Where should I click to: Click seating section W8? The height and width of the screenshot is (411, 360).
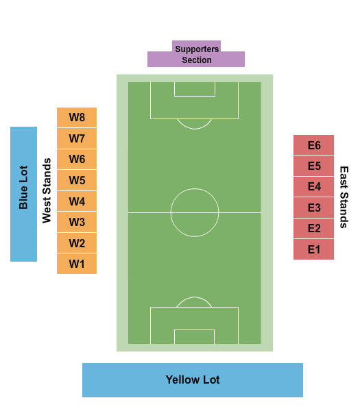point(77,117)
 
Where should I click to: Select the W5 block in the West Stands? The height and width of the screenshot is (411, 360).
point(77,180)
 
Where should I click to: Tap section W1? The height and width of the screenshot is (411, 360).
point(77,264)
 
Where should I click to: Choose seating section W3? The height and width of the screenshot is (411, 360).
point(77,222)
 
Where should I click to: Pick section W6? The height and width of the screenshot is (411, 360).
point(77,159)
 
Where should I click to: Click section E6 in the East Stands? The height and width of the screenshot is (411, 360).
point(313,145)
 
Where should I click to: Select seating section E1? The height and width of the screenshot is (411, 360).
point(313,249)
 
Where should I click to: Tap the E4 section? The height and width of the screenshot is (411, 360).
point(313,186)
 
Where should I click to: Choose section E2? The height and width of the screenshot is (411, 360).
point(313,228)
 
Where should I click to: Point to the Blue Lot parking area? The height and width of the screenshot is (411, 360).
point(23,194)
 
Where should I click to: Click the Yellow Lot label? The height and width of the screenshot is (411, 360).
point(193,379)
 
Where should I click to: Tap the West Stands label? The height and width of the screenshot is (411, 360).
point(47,190)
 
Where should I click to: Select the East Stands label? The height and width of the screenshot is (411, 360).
point(344,197)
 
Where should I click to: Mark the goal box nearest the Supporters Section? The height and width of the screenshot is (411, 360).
point(195,96)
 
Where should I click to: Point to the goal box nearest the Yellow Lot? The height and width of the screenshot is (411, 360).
point(195,329)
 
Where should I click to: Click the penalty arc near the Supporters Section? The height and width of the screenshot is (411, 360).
point(195,129)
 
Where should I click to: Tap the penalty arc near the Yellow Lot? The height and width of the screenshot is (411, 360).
point(194,297)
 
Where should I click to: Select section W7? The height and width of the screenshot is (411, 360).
point(77,138)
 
